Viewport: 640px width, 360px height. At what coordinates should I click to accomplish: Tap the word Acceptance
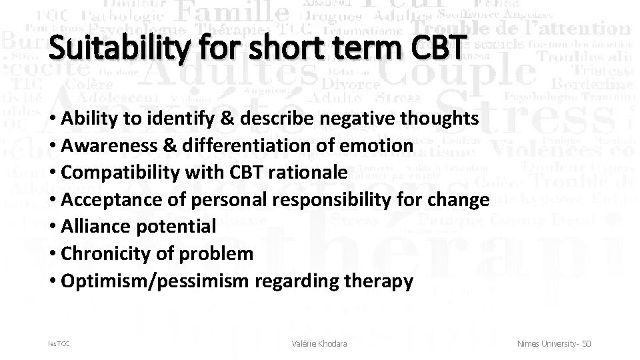click(x=107, y=200)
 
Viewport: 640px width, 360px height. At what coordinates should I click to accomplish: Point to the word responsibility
click(x=358, y=200)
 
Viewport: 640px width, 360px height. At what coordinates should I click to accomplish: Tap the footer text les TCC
click(x=58, y=343)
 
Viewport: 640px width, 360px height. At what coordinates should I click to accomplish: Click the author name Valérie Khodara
click(x=321, y=343)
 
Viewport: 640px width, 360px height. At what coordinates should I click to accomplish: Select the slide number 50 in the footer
click(x=587, y=343)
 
